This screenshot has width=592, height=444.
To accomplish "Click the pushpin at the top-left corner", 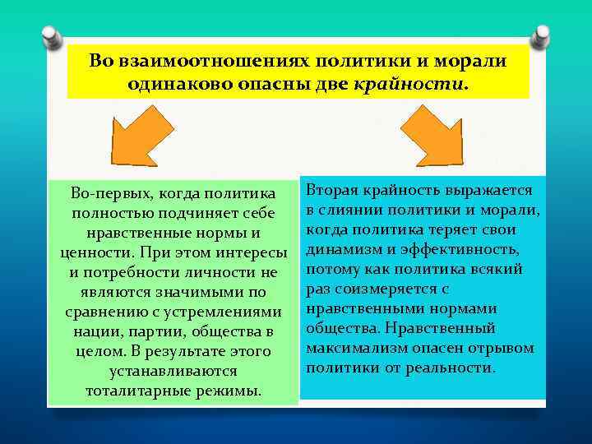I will pyautogui.click(x=51, y=36).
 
